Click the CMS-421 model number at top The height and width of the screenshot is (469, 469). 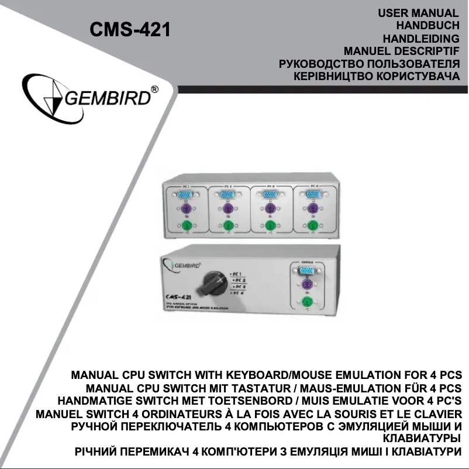click(x=129, y=29)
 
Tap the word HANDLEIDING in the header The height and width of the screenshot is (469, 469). click(x=420, y=39)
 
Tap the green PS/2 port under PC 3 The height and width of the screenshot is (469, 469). click(x=270, y=226)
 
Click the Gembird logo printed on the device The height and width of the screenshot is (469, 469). click(x=182, y=264)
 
